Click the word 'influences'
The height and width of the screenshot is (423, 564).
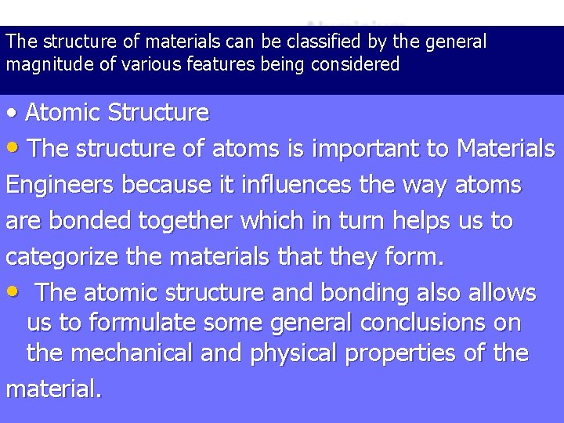click(x=288, y=185)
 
